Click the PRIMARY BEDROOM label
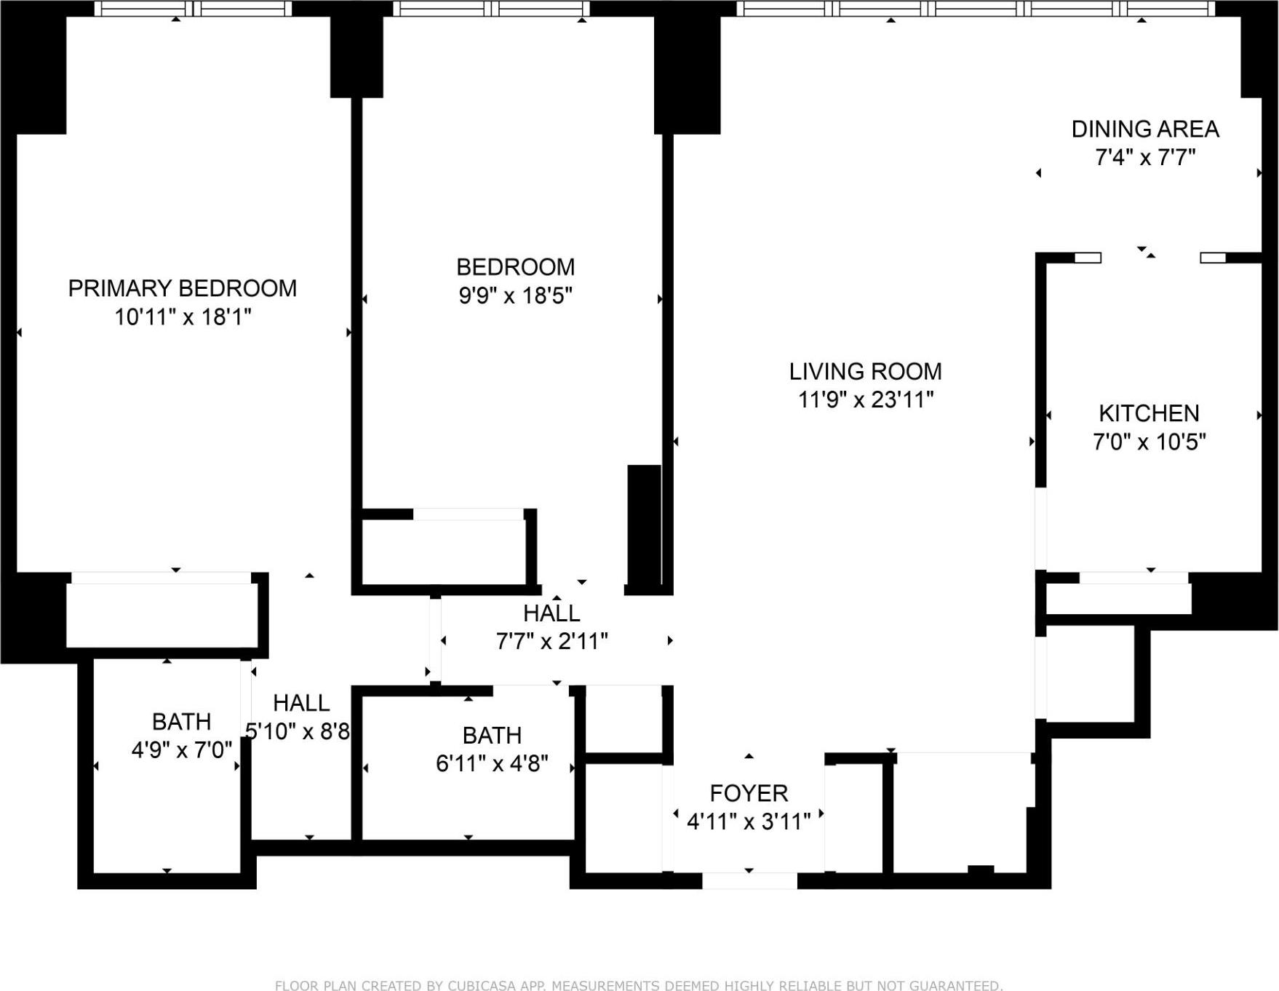(x=182, y=288)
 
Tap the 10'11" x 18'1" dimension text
(x=183, y=317)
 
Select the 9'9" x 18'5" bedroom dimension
(x=515, y=295)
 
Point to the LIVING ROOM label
(x=865, y=371)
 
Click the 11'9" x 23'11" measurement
(x=865, y=399)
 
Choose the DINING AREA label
(x=1144, y=129)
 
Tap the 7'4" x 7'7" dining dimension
(x=1144, y=157)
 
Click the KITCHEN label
(x=1148, y=413)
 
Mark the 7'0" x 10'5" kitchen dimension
(x=1149, y=442)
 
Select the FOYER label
(x=748, y=793)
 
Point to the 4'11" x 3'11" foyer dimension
(x=748, y=821)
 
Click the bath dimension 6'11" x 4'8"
(x=492, y=763)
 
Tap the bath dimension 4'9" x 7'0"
(x=181, y=749)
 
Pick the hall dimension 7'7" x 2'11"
(x=551, y=641)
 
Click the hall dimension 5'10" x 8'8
(x=298, y=731)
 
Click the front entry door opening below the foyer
(x=749, y=880)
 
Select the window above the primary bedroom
(x=193, y=9)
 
